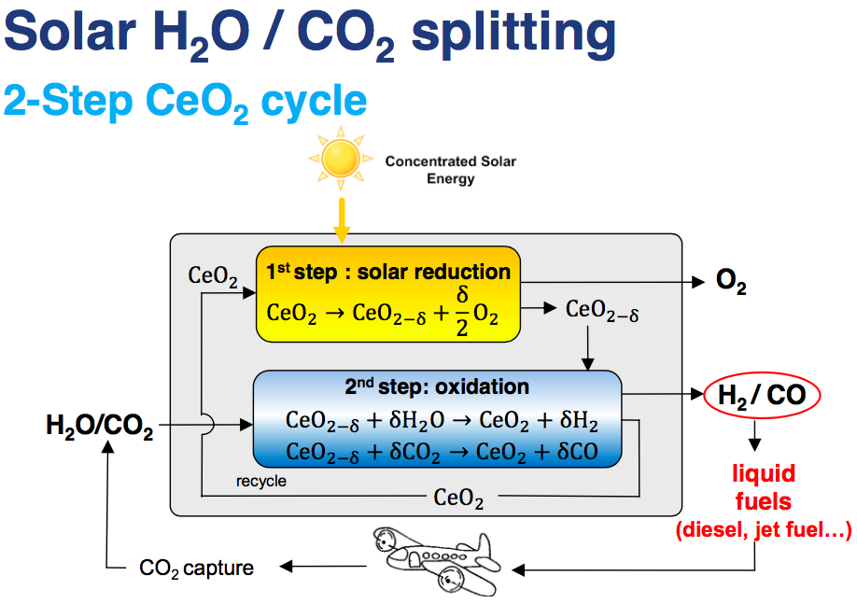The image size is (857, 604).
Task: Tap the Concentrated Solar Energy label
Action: [x=450, y=169]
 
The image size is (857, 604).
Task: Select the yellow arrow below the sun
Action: [x=342, y=220]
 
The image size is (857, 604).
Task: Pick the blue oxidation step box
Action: [x=437, y=419]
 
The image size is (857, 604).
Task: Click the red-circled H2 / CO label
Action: [x=761, y=395]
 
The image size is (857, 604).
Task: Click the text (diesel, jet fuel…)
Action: [x=762, y=531]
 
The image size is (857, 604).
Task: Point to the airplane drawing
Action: [x=431, y=558]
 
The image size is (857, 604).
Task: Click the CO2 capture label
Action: [x=196, y=567]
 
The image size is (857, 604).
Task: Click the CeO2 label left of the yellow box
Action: [x=213, y=275]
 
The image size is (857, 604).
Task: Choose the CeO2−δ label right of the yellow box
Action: [x=602, y=310]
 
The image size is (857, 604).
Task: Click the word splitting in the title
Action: [x=513, y=34]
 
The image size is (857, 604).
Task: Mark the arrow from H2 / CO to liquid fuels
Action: [x=754, y=436]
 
